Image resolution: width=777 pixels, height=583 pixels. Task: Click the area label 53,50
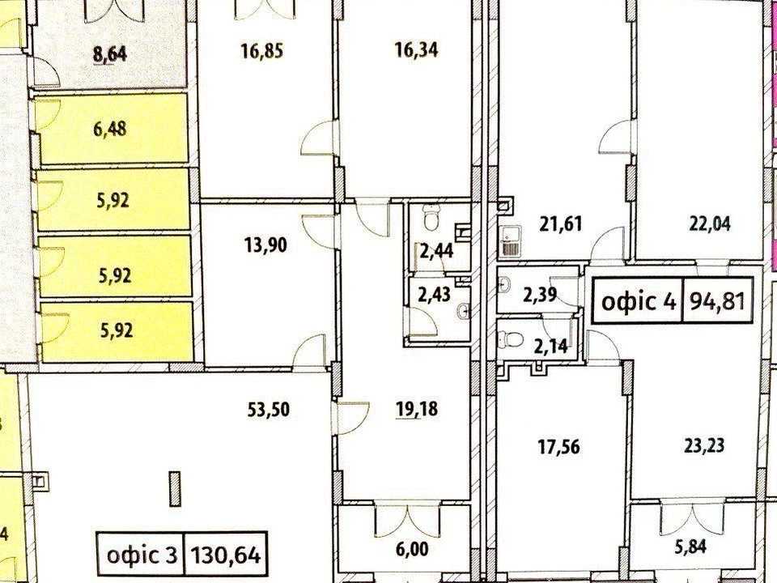268,410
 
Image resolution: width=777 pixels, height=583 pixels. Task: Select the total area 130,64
226,555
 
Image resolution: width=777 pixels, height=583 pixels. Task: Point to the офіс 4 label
639,301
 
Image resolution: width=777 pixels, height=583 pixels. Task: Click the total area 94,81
718,301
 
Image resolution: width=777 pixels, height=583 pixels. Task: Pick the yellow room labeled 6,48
113,129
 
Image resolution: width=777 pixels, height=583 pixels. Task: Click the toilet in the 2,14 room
512,339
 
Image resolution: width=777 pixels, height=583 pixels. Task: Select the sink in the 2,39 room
504,284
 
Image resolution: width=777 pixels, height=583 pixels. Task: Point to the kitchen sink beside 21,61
508,241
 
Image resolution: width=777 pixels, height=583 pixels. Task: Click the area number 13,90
266,245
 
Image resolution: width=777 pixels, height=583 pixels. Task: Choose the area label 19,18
418,410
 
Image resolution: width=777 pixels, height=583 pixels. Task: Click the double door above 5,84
692,520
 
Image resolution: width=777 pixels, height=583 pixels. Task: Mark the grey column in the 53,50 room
175,489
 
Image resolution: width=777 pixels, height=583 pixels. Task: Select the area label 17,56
559,447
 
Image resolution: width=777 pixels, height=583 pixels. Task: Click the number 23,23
704,445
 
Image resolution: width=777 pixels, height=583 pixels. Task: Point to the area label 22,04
710,224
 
